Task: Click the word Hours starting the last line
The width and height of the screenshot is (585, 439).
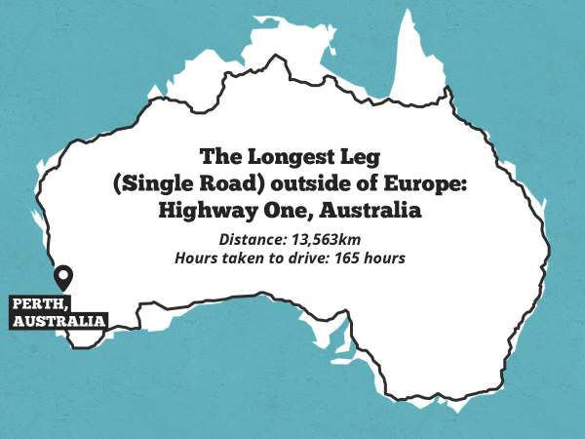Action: point(195,259)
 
